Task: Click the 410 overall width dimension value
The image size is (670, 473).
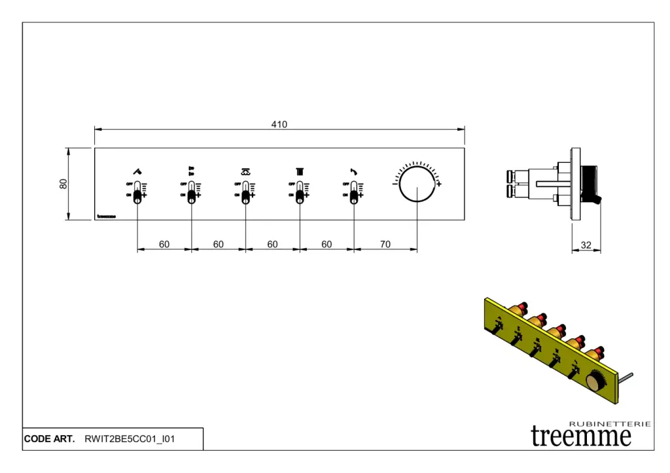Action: (279, 124)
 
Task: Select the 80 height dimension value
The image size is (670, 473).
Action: (63, 184)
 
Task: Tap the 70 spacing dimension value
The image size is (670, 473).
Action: (385, 245)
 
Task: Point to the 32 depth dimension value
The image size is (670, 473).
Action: (586, 245)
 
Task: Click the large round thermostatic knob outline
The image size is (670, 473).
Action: (417, 184)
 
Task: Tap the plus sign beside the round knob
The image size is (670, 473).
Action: (439, 184)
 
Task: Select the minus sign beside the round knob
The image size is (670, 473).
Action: (395, 184)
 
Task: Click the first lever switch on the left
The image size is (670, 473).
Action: (137, 194)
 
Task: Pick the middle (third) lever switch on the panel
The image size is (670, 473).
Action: (245, 194)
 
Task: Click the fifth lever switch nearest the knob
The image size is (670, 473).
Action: (354, 194)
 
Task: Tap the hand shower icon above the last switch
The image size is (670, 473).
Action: (354, 171)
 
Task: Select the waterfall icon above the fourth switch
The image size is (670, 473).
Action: (300, 171)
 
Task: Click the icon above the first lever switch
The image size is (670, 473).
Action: (137, 171)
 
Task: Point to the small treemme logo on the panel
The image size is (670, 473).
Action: (106, 216)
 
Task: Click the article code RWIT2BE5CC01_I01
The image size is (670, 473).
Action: (130, 439)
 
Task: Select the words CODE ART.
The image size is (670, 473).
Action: (49, 439)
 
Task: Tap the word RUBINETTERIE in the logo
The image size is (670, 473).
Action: (610, 424)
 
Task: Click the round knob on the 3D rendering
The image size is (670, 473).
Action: (596, 381)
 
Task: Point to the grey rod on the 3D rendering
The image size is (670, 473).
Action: (626, 377)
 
